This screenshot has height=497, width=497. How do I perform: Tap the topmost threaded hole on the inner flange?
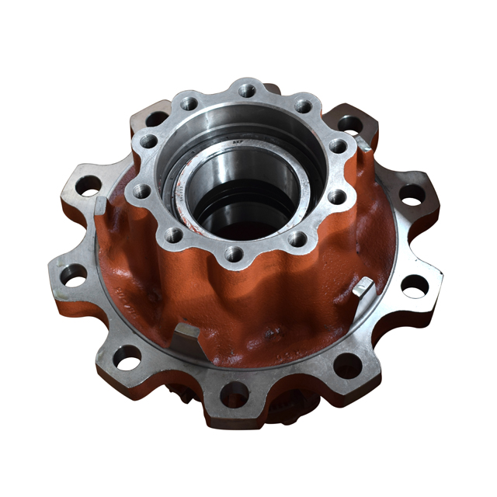click(x=247, y=90)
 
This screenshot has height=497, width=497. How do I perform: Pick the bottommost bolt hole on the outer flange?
click(x=234, y=394)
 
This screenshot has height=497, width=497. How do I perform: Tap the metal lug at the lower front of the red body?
click(x=187, y=335)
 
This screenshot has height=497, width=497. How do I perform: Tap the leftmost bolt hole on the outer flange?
click(x=75, y=275)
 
